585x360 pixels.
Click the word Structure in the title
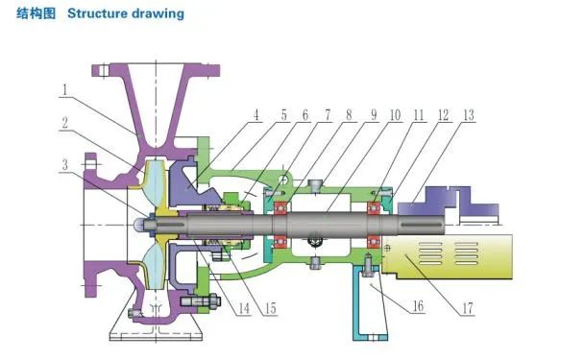(x=99, y=14)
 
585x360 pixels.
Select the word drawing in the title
(x=158, y=14)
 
